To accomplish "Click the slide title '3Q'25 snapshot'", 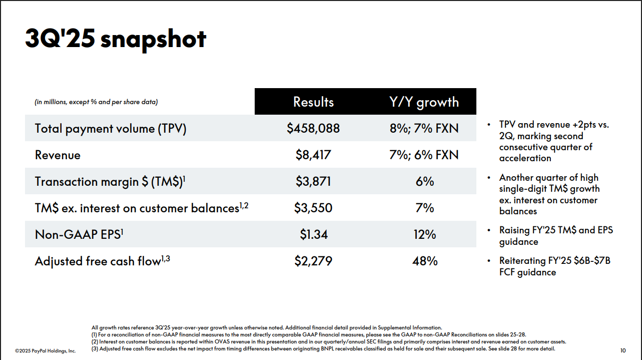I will click(116, 39).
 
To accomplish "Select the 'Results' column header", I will click(313, 102).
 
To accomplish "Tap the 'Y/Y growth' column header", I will click(424, 102).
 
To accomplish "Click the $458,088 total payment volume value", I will click(313, 129).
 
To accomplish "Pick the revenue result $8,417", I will click(313, 155).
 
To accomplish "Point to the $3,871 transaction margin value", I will click(313, 182).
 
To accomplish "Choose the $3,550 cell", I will click(313, 208).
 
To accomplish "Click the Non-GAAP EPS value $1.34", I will click(313, 235).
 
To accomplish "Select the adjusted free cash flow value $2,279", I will click(313, 261).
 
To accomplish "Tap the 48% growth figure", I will click(425, 261).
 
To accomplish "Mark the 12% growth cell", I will click(425, 235).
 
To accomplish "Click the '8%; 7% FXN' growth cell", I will click(424, 129).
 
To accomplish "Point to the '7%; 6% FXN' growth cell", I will click(424, 155).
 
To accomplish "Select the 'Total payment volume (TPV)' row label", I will click(111, 129).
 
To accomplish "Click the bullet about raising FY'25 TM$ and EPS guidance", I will click(555, 236).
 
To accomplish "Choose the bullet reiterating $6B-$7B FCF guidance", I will click(554, 266).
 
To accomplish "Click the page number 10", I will click(622, 350).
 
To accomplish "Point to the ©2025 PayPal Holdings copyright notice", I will click(45, 351).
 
